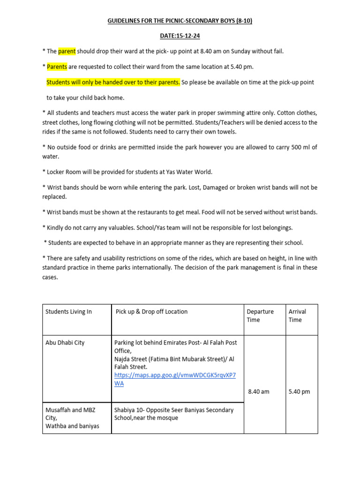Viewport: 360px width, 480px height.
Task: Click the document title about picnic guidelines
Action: pyautogui.click(x=180, y=21)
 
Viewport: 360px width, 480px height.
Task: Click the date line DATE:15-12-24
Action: pyautogui.click(x=180, y=36)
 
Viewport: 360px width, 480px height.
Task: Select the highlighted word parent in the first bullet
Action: pyautogui.click(x=67, y=51)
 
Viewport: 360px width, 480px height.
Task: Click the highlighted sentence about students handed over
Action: pyautogui.click(x=113, y=82)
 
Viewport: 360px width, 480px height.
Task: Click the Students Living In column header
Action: pyautogui.click(x=68, y=312)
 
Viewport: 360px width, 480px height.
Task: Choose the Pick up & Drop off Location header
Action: pyautogui.click(x=151, y=312)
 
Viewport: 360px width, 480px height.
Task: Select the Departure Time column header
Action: pyautogui.click(x=260, y=315)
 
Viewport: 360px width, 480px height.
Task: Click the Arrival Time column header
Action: pyautogui.click(x=297, y=315)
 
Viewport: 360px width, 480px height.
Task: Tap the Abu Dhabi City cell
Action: pyautogui.click(x=65, y=343)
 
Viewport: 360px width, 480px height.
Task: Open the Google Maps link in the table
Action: pyautogui.click(x=175, y=379)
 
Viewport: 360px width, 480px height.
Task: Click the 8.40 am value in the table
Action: pyautogui.click(x=258, y=391)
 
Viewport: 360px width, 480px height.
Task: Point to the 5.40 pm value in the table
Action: pyautogui.click(x=300, y=391)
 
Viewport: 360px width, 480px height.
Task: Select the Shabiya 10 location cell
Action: pyautogui.click(x=173, y=414)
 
